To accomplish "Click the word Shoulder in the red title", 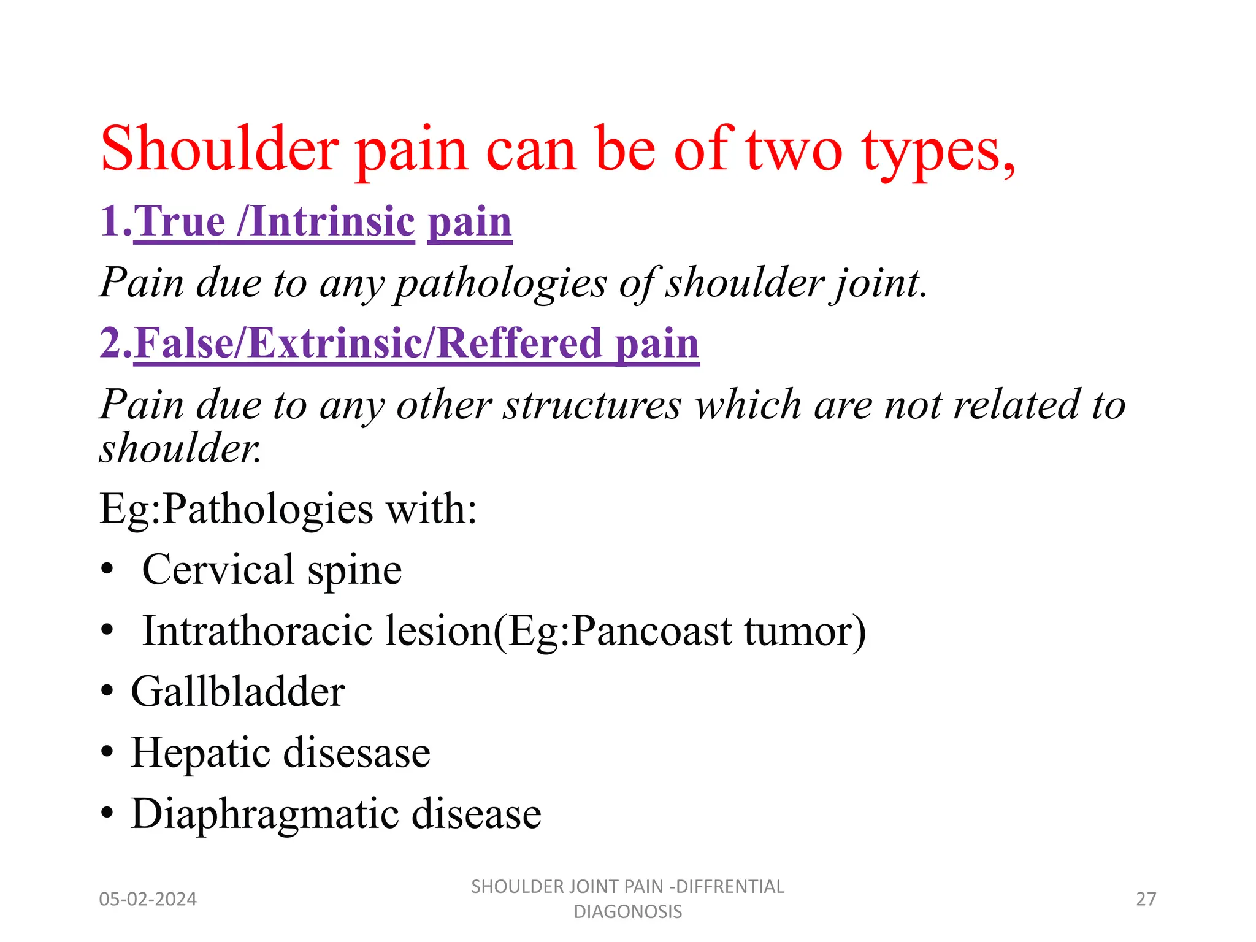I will (220, 149).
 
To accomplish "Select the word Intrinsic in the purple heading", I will (332, 221).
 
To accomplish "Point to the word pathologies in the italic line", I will (500, 283).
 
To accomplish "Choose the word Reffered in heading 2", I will (519, 343).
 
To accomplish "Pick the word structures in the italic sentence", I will (592, 405).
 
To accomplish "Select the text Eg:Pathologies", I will (236, 508).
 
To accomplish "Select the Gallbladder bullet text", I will (237, 692).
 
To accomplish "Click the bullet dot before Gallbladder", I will (107, 692).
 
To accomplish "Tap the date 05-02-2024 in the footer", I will (148, 899).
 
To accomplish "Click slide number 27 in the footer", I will (1146, 899).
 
